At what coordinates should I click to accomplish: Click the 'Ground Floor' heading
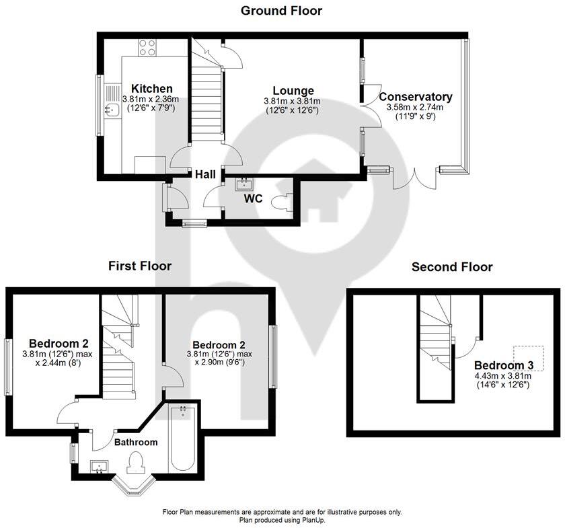point(281,11)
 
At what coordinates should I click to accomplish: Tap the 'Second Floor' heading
point(452,267)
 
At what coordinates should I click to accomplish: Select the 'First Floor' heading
point(140,266)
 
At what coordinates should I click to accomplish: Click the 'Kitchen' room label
point(151,89)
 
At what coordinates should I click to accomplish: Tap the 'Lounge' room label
point(293,91)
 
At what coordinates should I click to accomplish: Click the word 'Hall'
point(205,174)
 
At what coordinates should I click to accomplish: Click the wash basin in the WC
point(244,183)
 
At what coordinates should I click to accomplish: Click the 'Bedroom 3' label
point(503,365)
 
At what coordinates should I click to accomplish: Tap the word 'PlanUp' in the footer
point(313,521)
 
